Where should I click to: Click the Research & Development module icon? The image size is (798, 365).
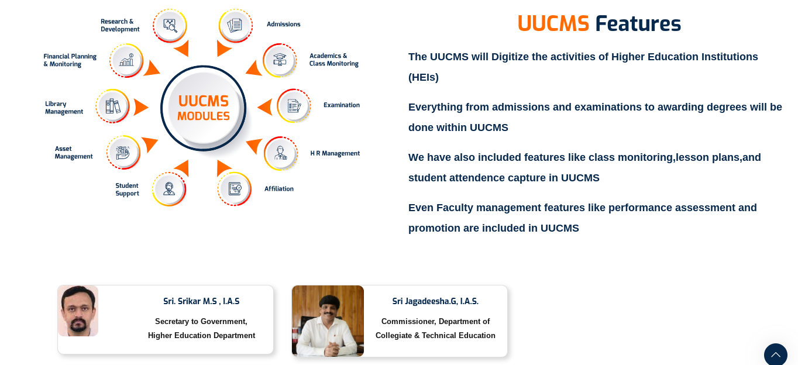tap(170, 26)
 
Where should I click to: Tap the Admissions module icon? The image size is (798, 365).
tap(235, 26)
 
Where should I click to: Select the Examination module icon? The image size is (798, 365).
tap(294, 106)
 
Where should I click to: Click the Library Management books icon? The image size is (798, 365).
tap(112, 106)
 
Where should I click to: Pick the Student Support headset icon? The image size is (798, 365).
tap(169, 189)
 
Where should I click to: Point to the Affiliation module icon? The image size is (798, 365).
tap(235, 189)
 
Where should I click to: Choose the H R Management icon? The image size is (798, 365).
tap(281, 153)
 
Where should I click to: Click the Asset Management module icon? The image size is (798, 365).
tap(123, 153)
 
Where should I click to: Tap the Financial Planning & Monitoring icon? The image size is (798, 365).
tap(126, 60)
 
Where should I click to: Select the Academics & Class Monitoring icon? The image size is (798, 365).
tap(280, 60)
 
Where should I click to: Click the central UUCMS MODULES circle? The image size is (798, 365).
tap(204, 108)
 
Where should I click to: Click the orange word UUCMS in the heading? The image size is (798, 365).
tap(553, 24)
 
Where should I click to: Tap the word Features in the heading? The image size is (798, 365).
tap(638, 24)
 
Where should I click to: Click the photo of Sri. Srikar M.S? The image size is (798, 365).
tap(78, 311)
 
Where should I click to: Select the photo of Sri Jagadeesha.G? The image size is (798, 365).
tap(328, 321)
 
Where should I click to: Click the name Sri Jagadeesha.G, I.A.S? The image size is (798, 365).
tap(435, 301)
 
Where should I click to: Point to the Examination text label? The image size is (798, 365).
tap(342, 105)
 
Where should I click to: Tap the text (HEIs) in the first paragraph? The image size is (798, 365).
tap(424, 77)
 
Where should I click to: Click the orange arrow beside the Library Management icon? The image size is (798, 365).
tap(140, 107)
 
